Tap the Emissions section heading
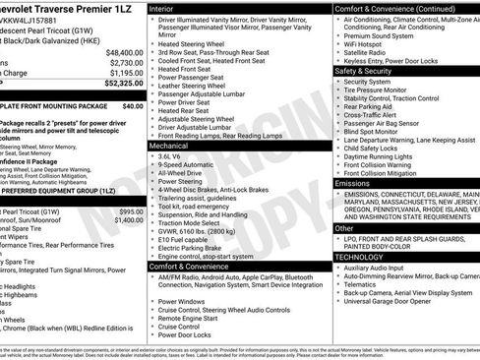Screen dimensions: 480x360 coord(353,183)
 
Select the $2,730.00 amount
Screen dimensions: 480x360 coord(126,62)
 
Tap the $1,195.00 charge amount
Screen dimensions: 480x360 coord(126,73)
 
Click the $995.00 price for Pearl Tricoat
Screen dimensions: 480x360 coord(131,211)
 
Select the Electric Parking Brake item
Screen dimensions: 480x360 coord(193,247)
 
